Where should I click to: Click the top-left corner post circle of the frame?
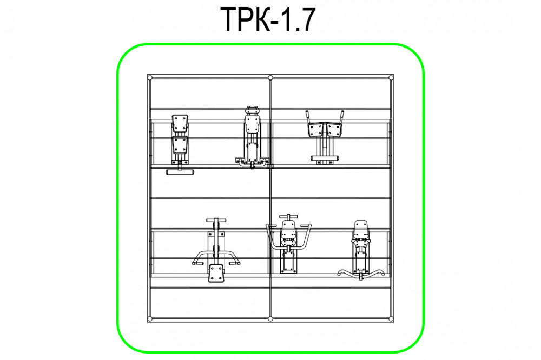(150, 78)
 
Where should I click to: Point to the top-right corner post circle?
(391, 78)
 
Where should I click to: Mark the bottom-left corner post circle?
(150, 318)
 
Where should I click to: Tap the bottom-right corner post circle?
(391, 318)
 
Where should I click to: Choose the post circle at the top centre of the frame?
(270, 78)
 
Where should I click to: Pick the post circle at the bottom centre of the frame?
(270, 318)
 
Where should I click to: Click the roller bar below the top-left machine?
(180, 172)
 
